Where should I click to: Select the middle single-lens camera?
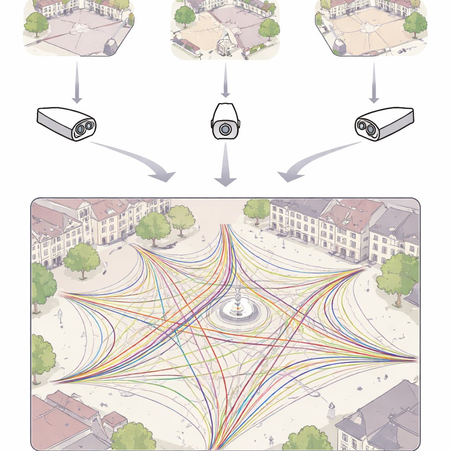(x=225, y=122)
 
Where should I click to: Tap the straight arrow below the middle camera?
(x=225, y=165)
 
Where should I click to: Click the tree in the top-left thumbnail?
(x=36, y=23)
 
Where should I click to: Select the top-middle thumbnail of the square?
(x=225, y=29)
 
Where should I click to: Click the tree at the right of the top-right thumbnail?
(x=415, y=23)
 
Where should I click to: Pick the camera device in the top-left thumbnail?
(x=110, y=46)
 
